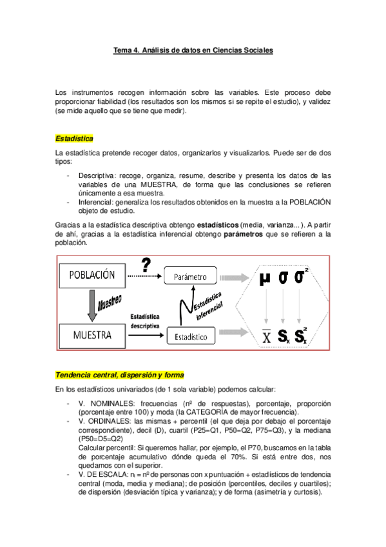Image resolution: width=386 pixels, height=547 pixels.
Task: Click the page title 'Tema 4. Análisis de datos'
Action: (x=193, y=50)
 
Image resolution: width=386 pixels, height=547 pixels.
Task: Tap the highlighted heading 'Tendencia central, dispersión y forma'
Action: (x=119, y=375)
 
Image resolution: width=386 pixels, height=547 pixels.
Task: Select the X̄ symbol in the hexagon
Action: (x=265, y=336)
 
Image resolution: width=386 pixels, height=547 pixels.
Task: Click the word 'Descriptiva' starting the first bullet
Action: (x=96, y=175)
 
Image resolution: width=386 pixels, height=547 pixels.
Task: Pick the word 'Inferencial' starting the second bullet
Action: (x=96, y=202)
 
